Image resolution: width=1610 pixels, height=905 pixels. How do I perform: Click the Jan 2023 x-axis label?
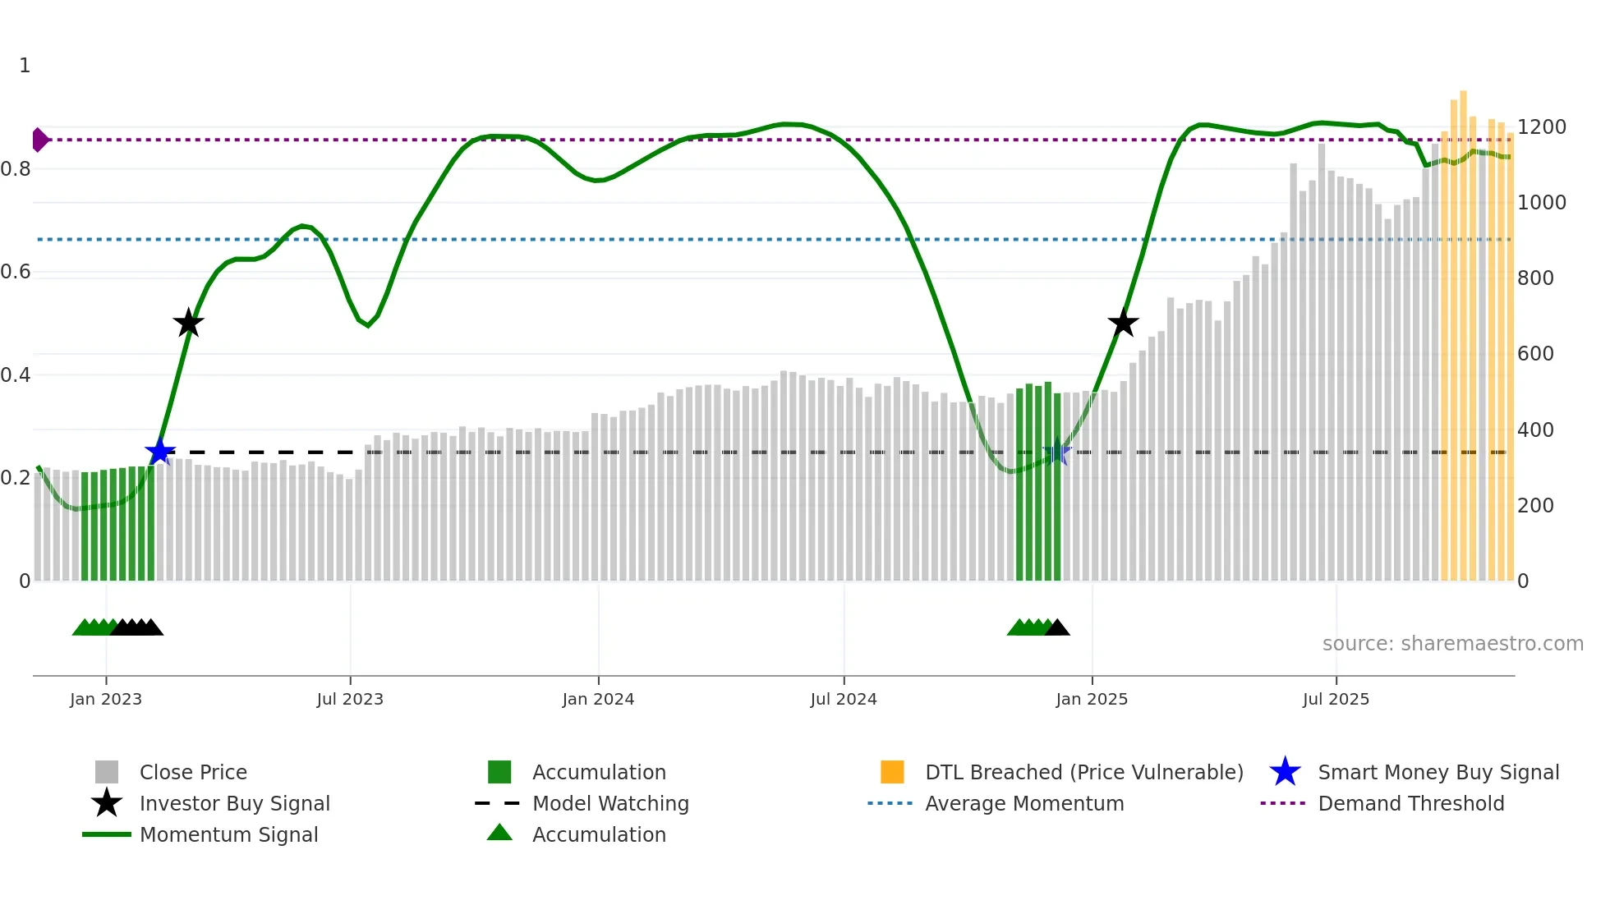point(106,699)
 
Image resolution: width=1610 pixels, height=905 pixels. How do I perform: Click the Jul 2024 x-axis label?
point(844,699)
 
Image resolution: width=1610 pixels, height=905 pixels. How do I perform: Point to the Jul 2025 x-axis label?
point(1336,699)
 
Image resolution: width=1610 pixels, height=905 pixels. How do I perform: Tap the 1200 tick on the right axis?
point(1541,127)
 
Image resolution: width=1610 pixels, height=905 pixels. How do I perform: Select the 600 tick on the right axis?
point(1535,354)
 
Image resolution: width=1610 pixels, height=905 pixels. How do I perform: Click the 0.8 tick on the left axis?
point(16,169)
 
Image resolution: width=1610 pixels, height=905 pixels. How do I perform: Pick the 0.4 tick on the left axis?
point(16,375)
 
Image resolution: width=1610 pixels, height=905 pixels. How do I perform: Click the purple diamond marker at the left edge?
point(39,140)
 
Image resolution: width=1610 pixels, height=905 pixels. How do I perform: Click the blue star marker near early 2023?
point(160,452)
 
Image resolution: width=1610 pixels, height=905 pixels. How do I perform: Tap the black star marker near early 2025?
point(1123,323)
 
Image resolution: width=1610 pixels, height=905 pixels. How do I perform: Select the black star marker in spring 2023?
point(188,323)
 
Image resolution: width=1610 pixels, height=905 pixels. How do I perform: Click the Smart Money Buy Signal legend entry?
point(1438,772)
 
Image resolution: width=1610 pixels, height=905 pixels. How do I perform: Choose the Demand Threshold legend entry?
point(1410,803)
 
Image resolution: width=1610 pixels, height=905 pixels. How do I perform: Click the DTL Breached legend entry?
point(1083,772)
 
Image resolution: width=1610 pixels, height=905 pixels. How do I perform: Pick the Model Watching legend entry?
point(610,803)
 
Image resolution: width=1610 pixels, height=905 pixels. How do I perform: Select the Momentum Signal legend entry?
point(228,834)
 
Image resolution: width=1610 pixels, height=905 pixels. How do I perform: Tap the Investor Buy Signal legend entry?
point(234,803)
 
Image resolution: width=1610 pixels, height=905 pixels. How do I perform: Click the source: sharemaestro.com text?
point(1452,644)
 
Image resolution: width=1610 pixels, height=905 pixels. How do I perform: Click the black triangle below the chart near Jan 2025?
point(1057,628)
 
